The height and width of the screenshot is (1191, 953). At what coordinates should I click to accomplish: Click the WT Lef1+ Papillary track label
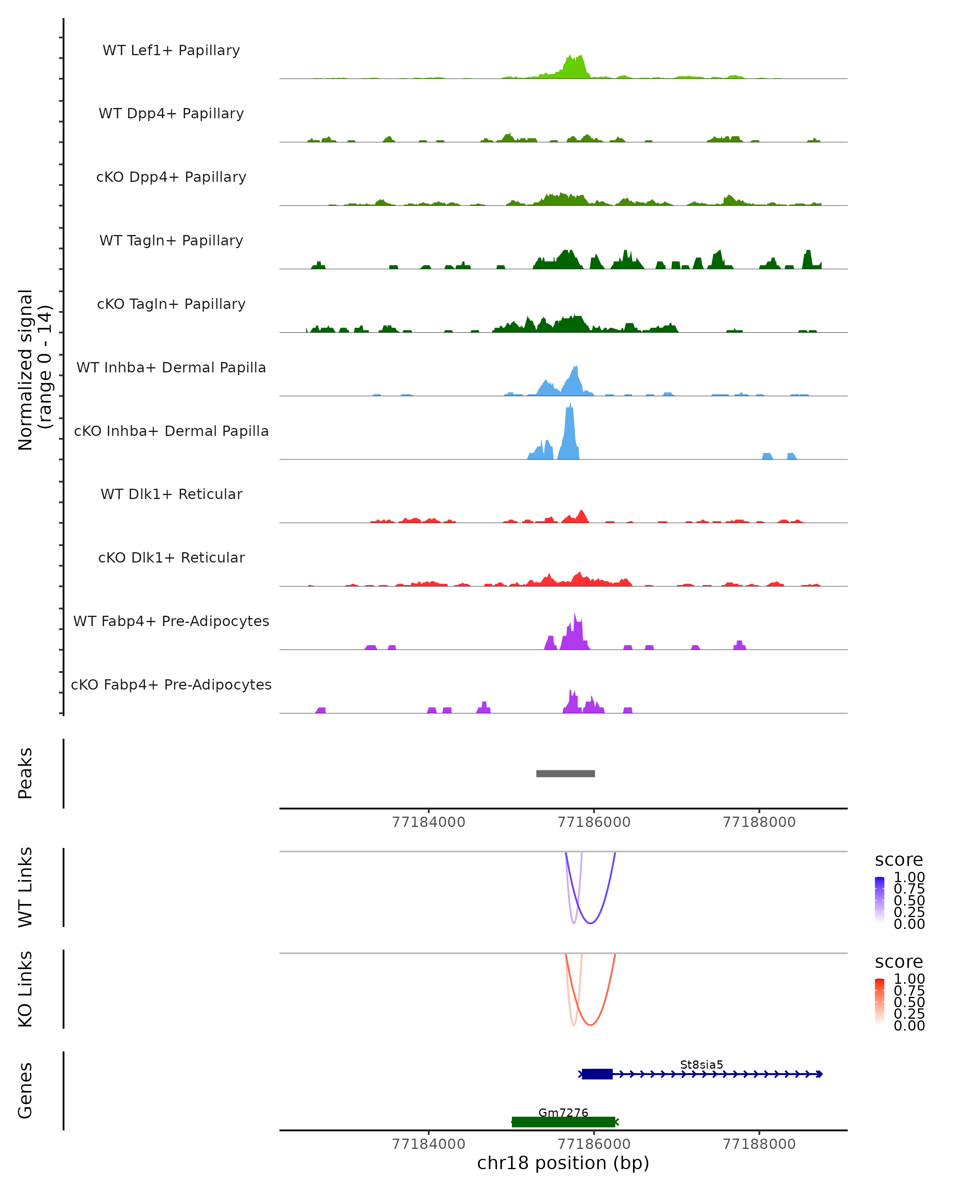pos(171,50)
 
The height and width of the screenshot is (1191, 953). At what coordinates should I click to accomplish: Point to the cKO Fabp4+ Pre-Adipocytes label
pos(171,684)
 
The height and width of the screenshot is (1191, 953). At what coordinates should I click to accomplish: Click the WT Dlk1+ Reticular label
pos(171,494)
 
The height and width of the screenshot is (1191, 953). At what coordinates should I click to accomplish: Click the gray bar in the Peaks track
pos(565,773)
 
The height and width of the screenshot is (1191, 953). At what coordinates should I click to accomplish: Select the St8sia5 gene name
pos(701,1064)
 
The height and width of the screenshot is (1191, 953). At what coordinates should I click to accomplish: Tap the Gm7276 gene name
pos(563,1112)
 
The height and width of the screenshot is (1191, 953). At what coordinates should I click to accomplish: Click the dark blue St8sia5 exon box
pos(597,1074)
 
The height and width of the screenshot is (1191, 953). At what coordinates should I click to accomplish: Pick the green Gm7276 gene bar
pos(563,1122)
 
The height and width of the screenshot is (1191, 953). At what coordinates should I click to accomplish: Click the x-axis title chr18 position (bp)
pos(563,1163)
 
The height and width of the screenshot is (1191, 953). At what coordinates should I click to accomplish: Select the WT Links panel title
pos(25,887)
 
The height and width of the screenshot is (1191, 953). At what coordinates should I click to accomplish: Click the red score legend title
pos(898,962)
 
